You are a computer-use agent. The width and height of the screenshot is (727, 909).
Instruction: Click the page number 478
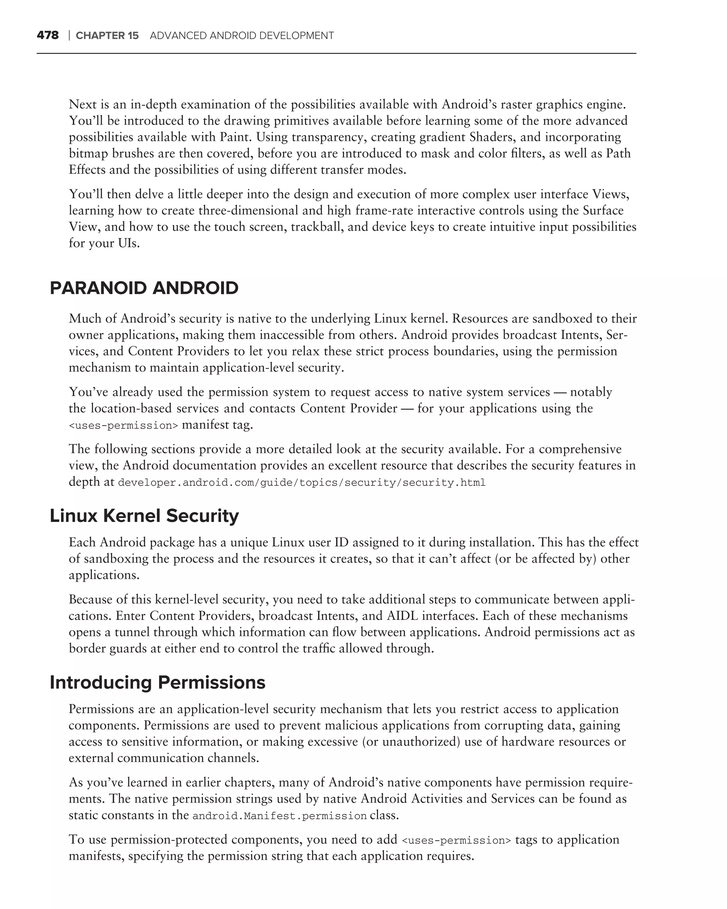(48, 36)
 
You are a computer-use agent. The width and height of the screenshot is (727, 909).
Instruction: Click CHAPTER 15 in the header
(107, 36)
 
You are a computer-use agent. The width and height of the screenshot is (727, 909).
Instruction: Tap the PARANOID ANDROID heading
(144, 288)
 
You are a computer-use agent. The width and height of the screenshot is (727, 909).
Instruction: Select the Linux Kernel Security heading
(144, 516)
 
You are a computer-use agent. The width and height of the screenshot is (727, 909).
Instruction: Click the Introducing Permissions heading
(157, 682)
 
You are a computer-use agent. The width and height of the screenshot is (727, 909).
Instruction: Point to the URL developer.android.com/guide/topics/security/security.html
(301, 482)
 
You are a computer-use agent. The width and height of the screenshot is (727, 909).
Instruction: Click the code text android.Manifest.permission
(279, 816)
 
